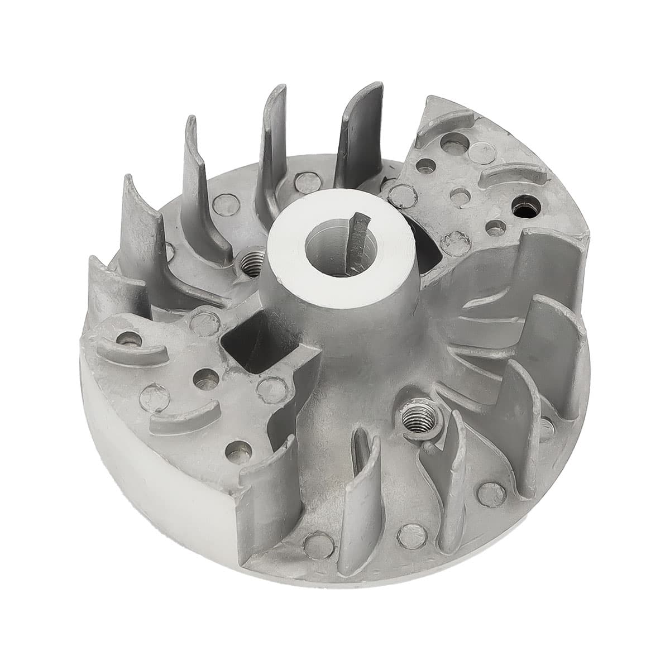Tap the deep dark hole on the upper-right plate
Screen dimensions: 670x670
[x=523, y=208]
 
